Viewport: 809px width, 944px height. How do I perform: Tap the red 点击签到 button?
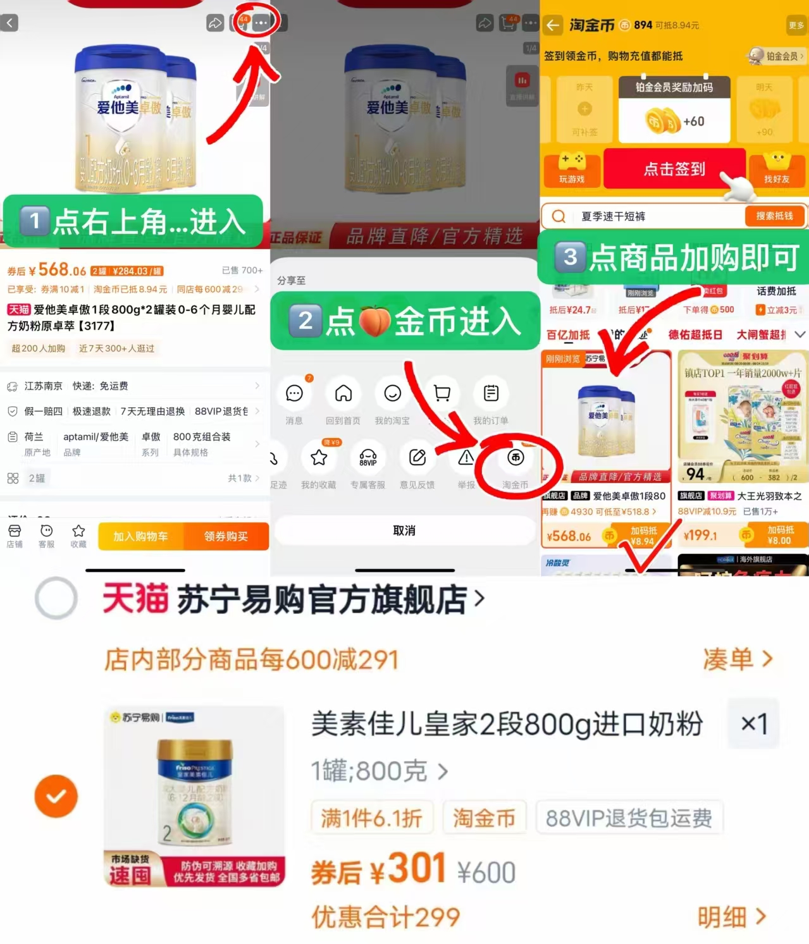tap(674, 169)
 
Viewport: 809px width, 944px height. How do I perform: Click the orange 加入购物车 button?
tap(140, 536)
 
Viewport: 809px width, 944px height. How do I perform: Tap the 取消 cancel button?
tap(404, 530)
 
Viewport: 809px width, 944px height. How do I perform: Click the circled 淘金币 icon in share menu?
tap(516, 458)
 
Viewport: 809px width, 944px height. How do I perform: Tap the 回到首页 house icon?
tap(343, 393)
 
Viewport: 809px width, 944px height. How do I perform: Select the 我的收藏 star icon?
tap(319, 458)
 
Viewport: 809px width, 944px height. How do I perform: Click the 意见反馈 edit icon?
tap(417, 458)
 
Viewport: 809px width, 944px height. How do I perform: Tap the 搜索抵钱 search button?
tap(774, 216)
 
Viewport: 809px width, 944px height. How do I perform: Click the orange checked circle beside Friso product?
tap(56, 796)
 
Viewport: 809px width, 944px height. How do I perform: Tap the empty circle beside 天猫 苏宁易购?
tap(56, 598)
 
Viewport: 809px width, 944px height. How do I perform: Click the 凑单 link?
tap(737, 659)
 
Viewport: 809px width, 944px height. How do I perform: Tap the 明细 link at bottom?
tap(731, 917)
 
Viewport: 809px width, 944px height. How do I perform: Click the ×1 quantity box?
tap(753, 724)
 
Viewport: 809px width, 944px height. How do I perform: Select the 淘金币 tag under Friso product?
tap(484, 818)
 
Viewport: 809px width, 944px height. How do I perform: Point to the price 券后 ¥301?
tap(380, 870)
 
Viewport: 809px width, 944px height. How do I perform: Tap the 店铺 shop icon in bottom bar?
tap(15, 536)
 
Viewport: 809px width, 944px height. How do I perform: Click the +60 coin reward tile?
tap(674, 121)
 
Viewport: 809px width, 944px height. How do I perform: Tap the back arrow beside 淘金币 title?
tap(553, 25)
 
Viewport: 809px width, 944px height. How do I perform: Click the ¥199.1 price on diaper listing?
tap(700, 536)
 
